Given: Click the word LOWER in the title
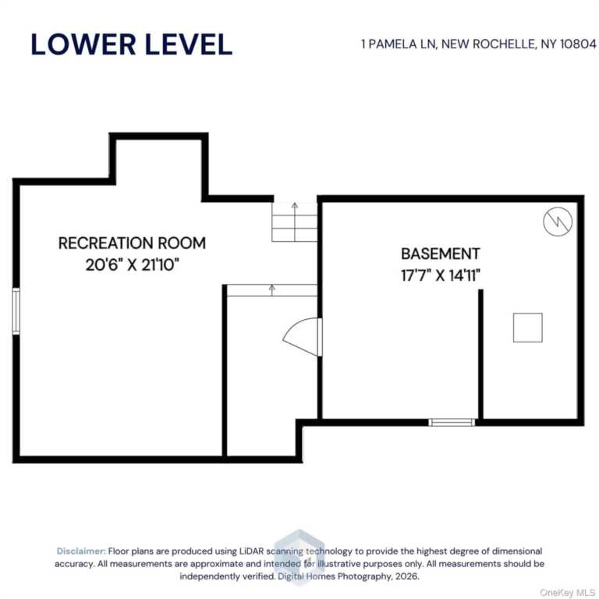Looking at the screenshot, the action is pyautogui.click(x=83, y=44).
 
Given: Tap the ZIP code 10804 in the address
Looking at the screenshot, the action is pyautogui.click(x=578, y=44).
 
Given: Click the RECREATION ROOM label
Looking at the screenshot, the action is pyautogui.click(x=132, y=243).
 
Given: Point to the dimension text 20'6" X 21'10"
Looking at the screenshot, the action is pyautogui.click(x=132, y=264).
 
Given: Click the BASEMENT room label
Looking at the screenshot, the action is pyautogui.click(x=441, y=253).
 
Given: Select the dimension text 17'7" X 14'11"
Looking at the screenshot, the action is pyautogui.click(x=441, y=275).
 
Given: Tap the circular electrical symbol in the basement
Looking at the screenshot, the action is pyautogui.click(x=558, y=222).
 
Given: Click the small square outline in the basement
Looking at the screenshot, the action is pyautogui.click(x=527, y=328).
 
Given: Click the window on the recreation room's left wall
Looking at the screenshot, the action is pyautogui.click(x=16, y=311).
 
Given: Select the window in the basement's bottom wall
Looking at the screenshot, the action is pyautogui.click(x=452, y=422).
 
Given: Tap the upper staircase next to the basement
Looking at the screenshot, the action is pyautogui.click(x=295, y=222).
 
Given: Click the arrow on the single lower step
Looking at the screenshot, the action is pyautogui.click(x=272, y=290).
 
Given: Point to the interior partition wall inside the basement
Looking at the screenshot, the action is pyautogui.click(x=480, y=354).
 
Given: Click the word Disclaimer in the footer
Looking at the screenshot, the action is pyautogui.click(x=81, y=551).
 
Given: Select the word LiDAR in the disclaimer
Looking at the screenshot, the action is pyautogui.click(x=251, y=551).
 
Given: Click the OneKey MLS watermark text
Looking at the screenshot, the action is pyautogui.click(x=567, y=593).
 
